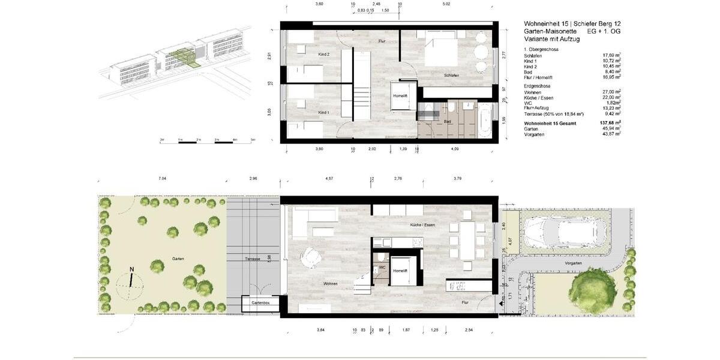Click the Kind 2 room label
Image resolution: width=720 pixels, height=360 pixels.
point(323,55)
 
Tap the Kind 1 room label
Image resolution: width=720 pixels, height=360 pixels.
point(323,112)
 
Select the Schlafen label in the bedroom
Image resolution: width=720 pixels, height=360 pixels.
point(451,75)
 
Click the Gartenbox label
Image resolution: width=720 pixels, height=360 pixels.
point(260,304)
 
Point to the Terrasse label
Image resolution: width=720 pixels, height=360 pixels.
point(252,259)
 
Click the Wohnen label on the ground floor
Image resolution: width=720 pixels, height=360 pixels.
point(330,283)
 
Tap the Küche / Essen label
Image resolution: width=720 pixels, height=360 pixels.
point(423,224)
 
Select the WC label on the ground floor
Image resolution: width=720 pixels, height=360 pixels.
point(381,267)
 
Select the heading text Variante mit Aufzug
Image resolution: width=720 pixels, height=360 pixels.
point(551,38)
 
